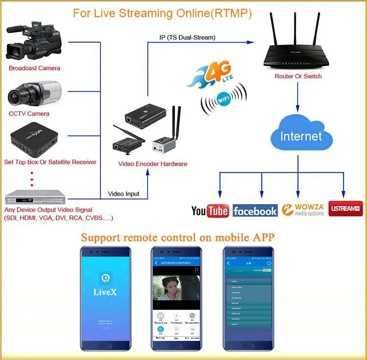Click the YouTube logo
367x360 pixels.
click(x=210, y=211)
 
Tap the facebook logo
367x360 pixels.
click(x=255, y=211)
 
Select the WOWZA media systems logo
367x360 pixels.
click(x=303, y=210)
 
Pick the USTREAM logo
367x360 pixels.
click(x=344, y=209)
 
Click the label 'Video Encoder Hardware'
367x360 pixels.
click(x=152, y=164)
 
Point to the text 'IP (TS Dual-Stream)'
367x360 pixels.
click(x=188, y=37)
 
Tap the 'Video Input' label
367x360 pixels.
click(x=123, y=194)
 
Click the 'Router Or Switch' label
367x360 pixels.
click(x=298, y=76)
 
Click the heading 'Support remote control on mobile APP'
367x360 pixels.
click(x=178, y=238)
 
